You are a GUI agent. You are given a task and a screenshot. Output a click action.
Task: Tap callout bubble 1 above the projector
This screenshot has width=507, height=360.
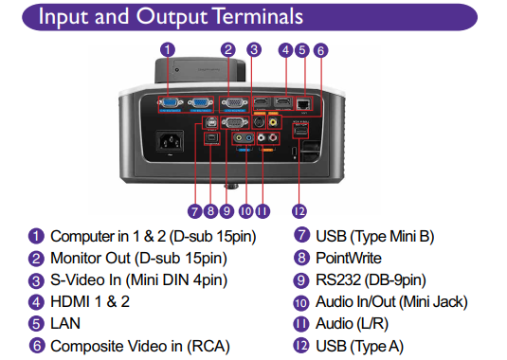(168, 49)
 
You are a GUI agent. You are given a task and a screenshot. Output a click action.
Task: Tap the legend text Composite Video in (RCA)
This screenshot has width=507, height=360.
(139, 347)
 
